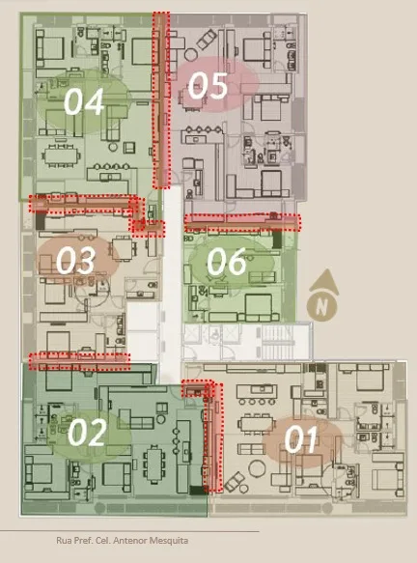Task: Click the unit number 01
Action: pos(301,439)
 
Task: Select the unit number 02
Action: pos(87,433)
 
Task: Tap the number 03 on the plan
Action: pos(75,261)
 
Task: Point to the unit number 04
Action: pos(84,101)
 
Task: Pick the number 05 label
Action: pos(208,85)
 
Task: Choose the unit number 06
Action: pos(227,262)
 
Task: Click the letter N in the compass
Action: pos(321,307)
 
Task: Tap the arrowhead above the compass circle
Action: pos(324,282)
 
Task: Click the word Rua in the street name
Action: pos(63,541)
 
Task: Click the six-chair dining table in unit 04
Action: pos(62,156)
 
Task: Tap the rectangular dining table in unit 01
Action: pos(256,425)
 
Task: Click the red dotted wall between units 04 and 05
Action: pos(161,99)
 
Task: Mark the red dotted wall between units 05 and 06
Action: pos(242,223)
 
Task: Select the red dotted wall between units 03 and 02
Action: pos(79,361)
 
